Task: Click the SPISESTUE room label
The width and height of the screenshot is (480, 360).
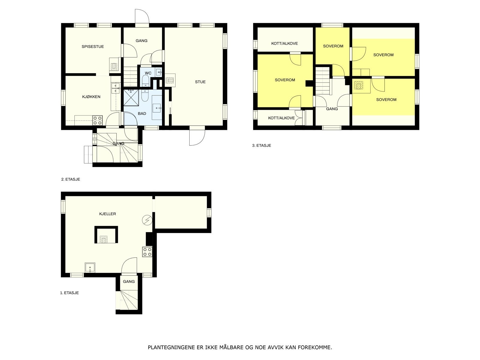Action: [x=93, y=46]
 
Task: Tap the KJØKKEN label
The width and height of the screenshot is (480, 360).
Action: [x=91, y=97]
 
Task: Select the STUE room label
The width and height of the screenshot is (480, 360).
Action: [x=200, y=82]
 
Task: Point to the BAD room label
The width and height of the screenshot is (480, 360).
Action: [x=142, y=114]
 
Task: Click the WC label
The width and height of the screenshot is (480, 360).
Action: [x=148, y=73]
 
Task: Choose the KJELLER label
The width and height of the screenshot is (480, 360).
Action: [x=107, y=214]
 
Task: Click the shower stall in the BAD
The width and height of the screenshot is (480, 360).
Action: [x=131, y=97]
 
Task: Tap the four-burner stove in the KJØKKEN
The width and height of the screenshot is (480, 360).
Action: [x=97, y=120]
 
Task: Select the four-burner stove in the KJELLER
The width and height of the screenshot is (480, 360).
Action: [x=147, y=252]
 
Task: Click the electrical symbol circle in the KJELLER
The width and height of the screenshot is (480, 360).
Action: [x=147, y=220]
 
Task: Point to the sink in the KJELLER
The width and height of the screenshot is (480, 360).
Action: [x=90, y=268]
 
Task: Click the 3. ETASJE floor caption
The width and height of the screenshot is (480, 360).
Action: [x=261, y=145]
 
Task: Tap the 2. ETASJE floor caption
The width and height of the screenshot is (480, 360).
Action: [x=70, y=179]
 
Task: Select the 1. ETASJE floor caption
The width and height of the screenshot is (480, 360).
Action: [x=69, y=293]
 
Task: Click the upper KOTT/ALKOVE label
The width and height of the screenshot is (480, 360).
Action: [x=284, y=43]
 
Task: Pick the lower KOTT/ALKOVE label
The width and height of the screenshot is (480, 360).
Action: [x=281, y=118]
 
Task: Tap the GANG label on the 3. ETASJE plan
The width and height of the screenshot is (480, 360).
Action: [x=332, y=109]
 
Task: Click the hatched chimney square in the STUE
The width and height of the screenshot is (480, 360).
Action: [x=169, y=80]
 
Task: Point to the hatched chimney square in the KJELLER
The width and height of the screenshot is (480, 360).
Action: [x=104, y=239]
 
